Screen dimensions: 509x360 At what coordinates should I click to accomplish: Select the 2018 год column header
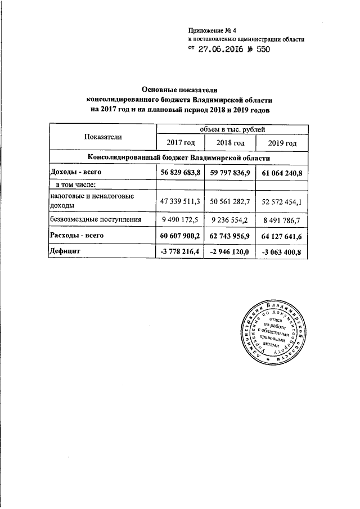[231, 143]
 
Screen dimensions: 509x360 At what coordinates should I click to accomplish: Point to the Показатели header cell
[103, 137]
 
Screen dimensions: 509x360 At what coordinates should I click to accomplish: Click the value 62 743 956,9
[231, 236]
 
